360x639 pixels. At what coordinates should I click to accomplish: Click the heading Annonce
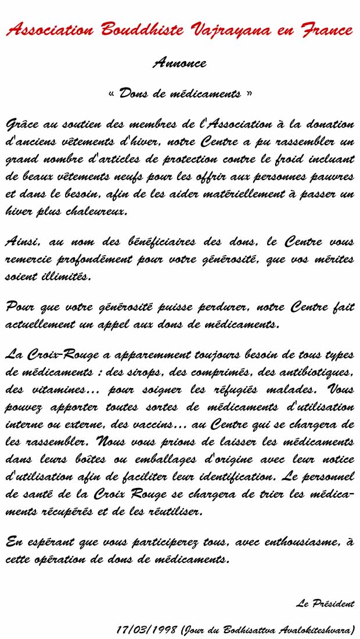pos(179,63)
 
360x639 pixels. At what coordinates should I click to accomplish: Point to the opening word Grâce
pos(23,124)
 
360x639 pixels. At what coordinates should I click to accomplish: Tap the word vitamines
pos(61,389)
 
